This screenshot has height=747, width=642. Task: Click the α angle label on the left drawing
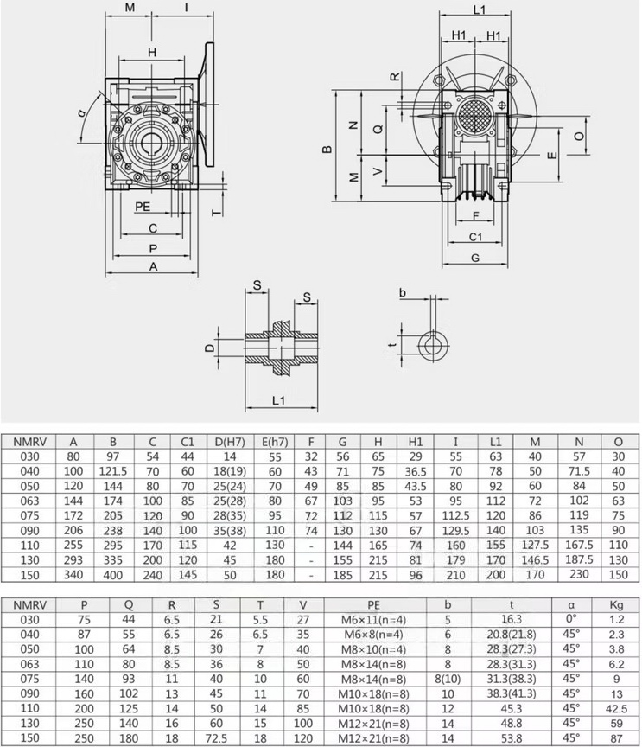click(x=82, y=113)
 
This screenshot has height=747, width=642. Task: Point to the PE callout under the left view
click(x=143, y=207)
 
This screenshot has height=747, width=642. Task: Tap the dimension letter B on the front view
click(x=327, y=149)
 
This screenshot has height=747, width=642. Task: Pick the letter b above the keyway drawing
click(x=403, y=292)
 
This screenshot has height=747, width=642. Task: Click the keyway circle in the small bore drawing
click(x=434, y=345)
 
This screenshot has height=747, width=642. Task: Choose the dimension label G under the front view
click(x=475, y=258)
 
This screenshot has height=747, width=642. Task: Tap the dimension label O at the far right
click(x=579, y=137)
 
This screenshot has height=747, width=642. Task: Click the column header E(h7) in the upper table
click(x=275, y=442)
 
